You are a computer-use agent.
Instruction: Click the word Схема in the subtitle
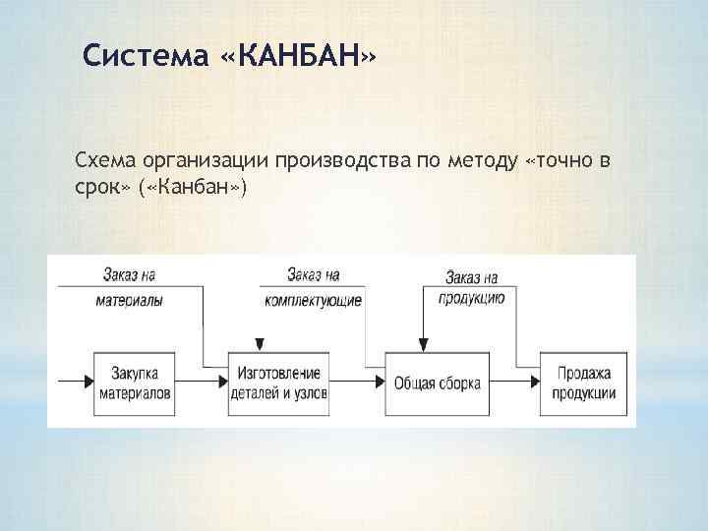click(x=102, y=160)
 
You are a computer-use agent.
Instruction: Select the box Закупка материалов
click(x=135, y=382)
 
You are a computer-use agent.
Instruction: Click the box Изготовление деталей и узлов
click(x=279, y=382)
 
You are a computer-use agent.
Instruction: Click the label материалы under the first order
click(x=132, y=299)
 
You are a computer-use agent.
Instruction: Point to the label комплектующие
click(x=313, y=299)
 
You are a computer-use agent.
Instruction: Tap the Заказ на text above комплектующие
click(x=312, y=273)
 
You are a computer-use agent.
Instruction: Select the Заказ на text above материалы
click(x=132, y=273)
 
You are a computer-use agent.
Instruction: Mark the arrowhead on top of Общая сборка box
click(x=424, y=345)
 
